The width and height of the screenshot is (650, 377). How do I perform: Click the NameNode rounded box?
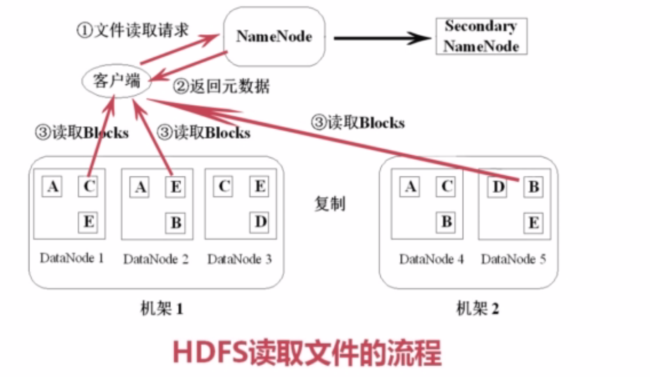pos(274,36)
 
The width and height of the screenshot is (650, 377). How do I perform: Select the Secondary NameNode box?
pos(481,36)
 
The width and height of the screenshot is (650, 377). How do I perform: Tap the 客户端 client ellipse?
pos(116,81)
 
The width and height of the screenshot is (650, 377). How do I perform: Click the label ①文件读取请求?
pos(133,30)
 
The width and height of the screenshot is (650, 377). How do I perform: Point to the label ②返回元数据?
pos(222,87)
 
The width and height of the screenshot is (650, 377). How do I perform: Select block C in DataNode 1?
pos(88,187)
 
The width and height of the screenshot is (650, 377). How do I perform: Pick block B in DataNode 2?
pos(176,223)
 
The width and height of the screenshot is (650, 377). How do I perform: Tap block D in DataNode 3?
pos(260,222)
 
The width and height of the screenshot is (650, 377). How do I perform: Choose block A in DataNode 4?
pos(410,187)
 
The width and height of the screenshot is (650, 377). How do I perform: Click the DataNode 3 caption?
pos(239,259)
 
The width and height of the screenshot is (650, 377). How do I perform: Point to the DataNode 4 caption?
pos(432,259)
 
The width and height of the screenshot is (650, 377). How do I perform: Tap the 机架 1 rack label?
pos(162,308)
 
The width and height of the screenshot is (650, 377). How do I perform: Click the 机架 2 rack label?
pos(478,308)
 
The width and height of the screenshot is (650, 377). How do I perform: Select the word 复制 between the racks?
pos(329,204)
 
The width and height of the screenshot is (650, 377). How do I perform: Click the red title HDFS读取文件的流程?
pos(307,353)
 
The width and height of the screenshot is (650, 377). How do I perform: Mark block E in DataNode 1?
pos(88,222)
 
